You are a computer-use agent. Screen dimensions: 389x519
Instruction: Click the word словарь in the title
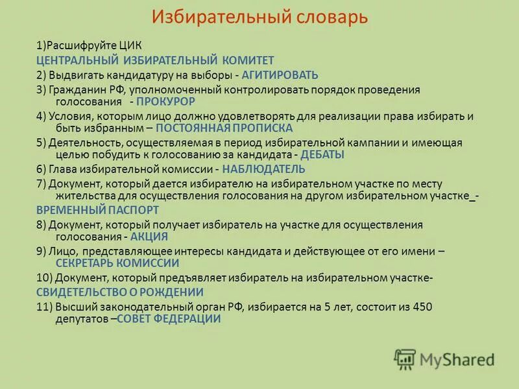(x=329, y=18)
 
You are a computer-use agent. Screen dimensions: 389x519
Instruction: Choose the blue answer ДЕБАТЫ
(x=323, y=155)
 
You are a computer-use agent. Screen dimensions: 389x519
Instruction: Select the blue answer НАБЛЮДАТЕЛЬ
(x=263, y=169)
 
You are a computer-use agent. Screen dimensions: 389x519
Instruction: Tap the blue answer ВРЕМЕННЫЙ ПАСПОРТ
(x=97, y=210)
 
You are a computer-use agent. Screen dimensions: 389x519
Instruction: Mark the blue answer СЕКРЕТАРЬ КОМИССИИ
(x=117, y=263)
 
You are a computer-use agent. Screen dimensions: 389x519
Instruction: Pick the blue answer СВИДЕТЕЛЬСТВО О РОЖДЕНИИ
(x=119, y=292)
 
